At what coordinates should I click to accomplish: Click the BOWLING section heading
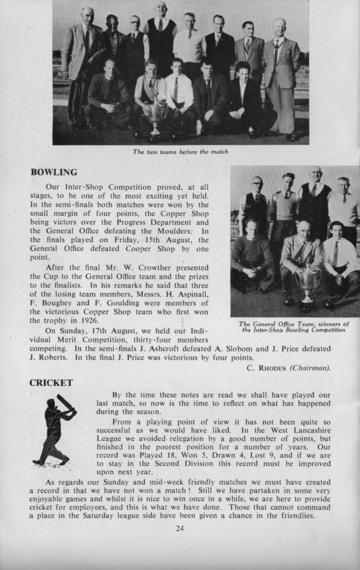pyautogui.click(x=54, y=172)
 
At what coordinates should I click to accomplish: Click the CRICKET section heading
pyautogui.click(x=51, y=382)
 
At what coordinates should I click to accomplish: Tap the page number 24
pyautogui.click(x=179, y=528)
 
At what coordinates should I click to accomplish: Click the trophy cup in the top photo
pyautogui.click(x=155, y=117)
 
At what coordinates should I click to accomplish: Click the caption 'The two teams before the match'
pyautogui.click(x=180, y=151)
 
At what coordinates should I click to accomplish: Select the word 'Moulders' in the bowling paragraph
pyautogui.click(x=176, y=230)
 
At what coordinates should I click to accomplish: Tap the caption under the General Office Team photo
pyautogui.click(x=294, y=326)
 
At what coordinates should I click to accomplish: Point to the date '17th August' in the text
pyautogui.click(x=108, y=330)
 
